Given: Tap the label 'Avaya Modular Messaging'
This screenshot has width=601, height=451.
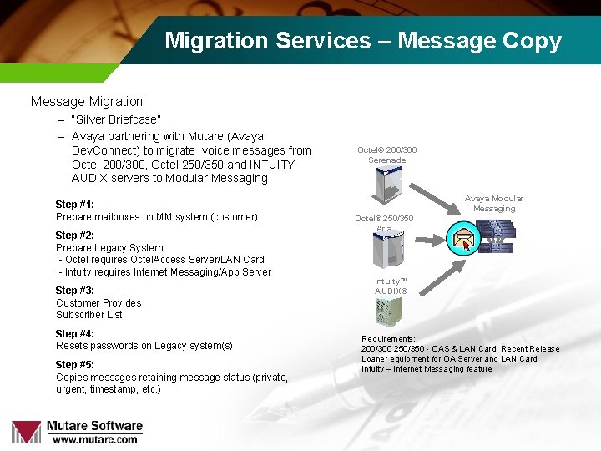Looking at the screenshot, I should coord(494,204).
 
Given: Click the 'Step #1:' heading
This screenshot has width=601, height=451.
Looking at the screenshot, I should coord(74,205).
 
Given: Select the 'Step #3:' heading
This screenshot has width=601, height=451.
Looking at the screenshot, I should coord(74,291).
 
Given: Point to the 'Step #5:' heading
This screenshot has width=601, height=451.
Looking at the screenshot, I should coord(74,365).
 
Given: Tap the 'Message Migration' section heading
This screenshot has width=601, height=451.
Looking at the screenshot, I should coord(87,102).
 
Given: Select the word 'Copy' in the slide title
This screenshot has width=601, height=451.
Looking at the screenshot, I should coord(533,41).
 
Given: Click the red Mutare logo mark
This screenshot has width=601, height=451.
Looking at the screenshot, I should coord(26,431).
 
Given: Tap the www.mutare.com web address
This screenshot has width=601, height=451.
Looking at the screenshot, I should coord(94,439).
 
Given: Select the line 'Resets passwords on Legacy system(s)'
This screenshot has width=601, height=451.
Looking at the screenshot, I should coord(144,346).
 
